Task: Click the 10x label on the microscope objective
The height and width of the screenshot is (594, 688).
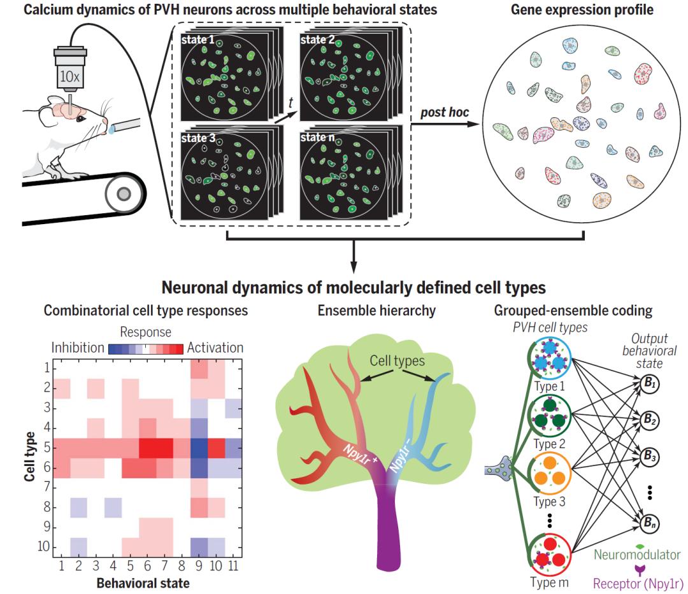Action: click(70, 76)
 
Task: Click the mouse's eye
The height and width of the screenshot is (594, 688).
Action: click(81, 118)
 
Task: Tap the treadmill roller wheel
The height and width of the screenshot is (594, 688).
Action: click(124, 194)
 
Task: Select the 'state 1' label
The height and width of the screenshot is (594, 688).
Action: click(197, 40)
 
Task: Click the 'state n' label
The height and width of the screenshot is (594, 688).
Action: click(317, 138)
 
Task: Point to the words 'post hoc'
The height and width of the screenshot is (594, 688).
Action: click(445, 112)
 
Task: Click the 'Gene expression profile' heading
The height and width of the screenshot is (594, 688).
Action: click(582, 10)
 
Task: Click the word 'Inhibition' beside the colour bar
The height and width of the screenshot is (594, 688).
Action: click(78, 348)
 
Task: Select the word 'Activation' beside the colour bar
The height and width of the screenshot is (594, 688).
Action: click(215, 348)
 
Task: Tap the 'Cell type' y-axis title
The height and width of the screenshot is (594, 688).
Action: click(29, 456)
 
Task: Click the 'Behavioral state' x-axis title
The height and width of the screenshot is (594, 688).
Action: click(143, 583)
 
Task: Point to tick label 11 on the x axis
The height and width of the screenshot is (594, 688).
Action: click(233, 566)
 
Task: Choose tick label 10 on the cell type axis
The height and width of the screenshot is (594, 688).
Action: click(44, 546)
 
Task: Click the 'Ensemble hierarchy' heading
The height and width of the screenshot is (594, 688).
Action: click(376, 311)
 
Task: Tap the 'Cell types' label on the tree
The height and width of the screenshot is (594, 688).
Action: click(397, 360)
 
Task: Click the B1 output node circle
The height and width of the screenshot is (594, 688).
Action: click(649, 383)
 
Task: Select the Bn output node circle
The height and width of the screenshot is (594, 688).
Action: click(649, 523)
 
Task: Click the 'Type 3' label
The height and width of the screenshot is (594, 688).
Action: click(549, 502)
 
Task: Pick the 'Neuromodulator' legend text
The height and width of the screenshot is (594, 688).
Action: click(637, 555)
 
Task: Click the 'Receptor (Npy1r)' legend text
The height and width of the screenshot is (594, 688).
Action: click(638, 583)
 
